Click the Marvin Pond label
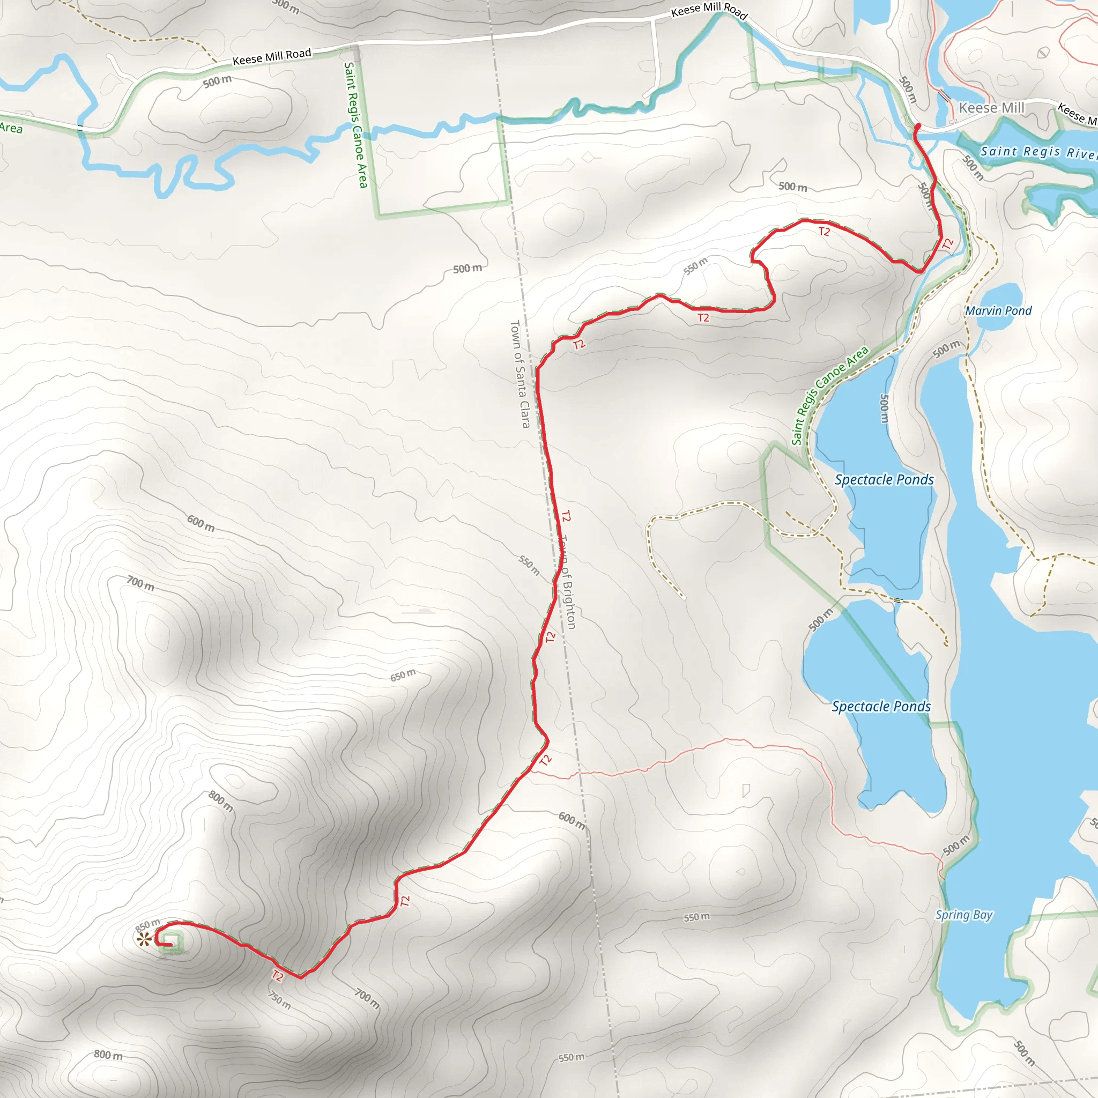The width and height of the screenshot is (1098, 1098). pos(998,311)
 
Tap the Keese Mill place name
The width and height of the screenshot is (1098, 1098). pos(991,107)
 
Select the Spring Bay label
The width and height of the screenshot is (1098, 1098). pos(964,915)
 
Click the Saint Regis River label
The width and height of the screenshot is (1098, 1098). pos(1038,152)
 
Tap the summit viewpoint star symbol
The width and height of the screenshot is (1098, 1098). pos(144,939)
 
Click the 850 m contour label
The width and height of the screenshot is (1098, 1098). pos(147,925)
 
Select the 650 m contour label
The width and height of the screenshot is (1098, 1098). pos(403,675)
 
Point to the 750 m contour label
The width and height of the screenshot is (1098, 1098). pos(280,1001)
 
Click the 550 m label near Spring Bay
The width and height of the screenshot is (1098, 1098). pos(696,917)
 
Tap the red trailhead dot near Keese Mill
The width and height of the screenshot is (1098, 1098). pos(918,125)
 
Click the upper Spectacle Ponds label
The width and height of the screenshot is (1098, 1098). pos(884,480)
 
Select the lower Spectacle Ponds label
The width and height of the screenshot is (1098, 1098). pos(881,707)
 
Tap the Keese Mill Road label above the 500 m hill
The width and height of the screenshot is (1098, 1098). pos(272,56)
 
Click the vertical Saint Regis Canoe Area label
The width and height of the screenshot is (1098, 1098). pos(356,124)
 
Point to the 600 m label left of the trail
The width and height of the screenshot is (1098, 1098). pos(201,523)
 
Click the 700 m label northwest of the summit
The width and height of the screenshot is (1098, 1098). pos(140,583)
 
